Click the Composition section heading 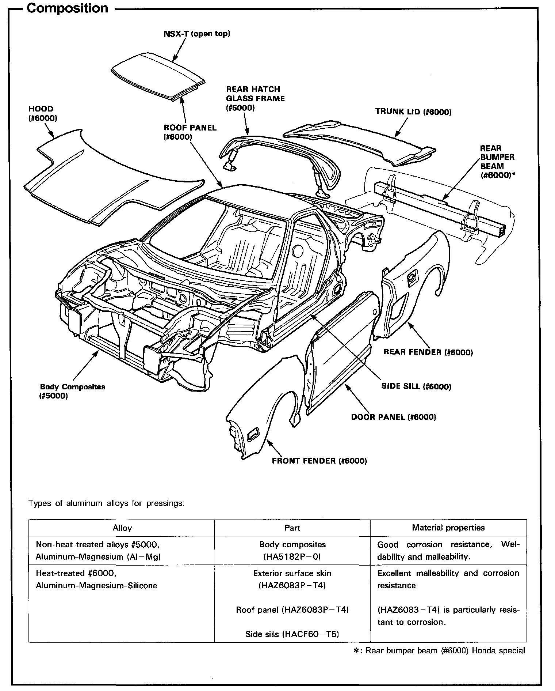click(68, 8)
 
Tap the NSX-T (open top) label click(197, 34)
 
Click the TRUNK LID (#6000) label click(413, 112)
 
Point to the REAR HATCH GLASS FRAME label click(255, 98)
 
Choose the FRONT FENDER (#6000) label click(319, 461)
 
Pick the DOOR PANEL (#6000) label click(393, 417)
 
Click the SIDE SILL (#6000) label click(416, 386)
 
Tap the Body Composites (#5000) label click(72, 391)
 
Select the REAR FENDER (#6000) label click(428, 352)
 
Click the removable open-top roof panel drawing click(157, 75)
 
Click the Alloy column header click(122, 528)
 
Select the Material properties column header click(448, 528)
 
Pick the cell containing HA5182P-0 click(292, 551)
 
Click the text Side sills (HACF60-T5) click(292, 634)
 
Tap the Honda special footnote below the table click(440, 651)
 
